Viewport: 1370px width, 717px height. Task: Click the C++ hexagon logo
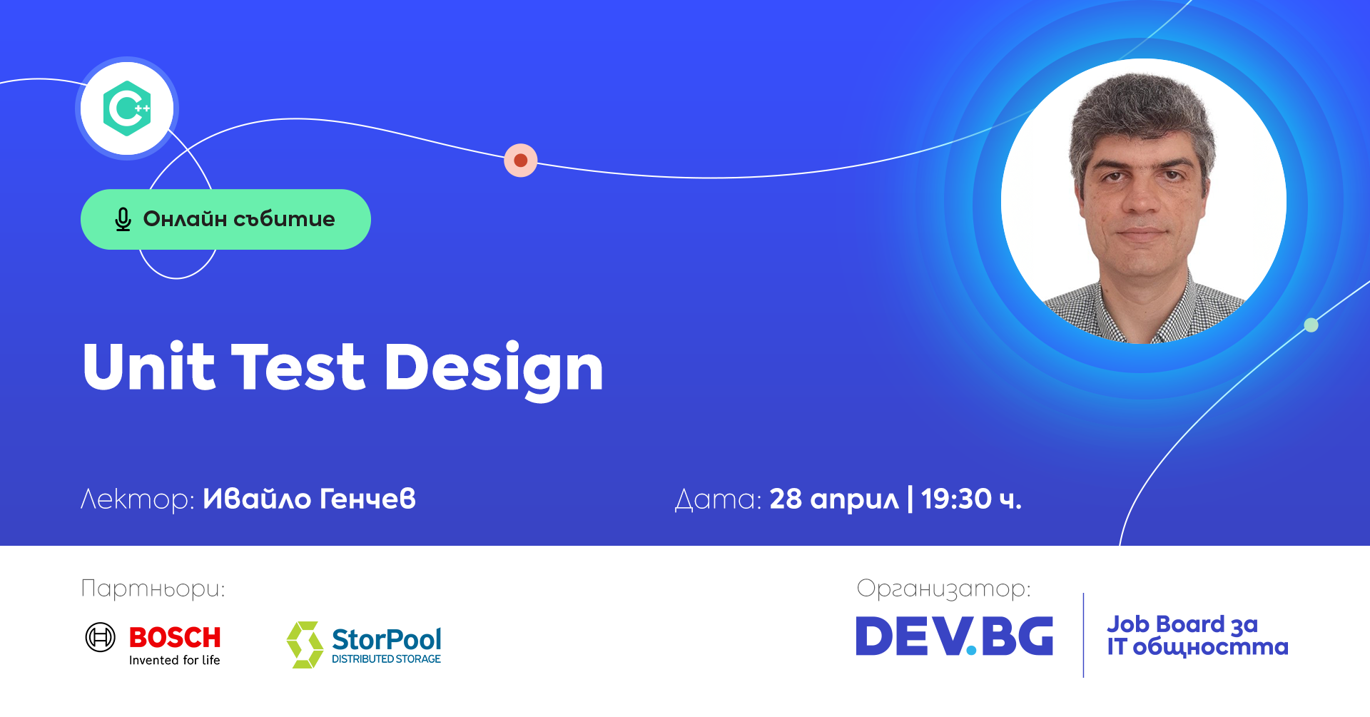click(x=127, y=108)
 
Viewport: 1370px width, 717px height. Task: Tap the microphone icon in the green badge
click(x=123, y=219)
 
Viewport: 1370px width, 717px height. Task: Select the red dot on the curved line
click(x=521, y=161)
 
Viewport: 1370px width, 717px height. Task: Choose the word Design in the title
click(x=494, y=368)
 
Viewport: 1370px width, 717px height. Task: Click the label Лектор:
click(x=137, y=499)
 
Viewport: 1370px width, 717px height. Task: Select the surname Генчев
click(x=367, y=499)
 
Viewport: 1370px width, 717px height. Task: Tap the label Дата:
click(x=718, y=499)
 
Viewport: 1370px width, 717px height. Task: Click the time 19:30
click(x=956, y=499)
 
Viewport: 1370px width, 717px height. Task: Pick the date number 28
click(x=786, y=499)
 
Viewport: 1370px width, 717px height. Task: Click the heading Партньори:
click(x=153, y=589)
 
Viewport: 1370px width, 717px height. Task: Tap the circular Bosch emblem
click(x=101, y=637)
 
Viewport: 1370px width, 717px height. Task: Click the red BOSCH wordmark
click(x=175, y=637)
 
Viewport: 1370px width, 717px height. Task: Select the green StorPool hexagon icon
click(x=305, y=644)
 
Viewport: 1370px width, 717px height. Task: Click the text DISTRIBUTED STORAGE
click(x=386, y=659)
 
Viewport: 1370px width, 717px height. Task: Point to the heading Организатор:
click(x=943, y=589)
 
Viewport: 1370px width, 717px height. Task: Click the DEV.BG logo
click(x=954, y=636)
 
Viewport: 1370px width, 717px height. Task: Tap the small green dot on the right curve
click(x=1311, y=325)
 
